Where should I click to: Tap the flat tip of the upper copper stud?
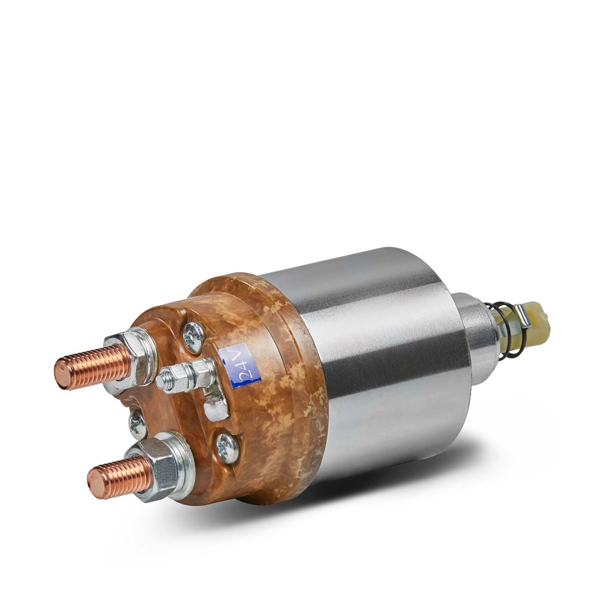point(63,374)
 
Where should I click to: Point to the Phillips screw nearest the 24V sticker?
point(194,338)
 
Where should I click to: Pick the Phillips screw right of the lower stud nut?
point(228,448)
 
